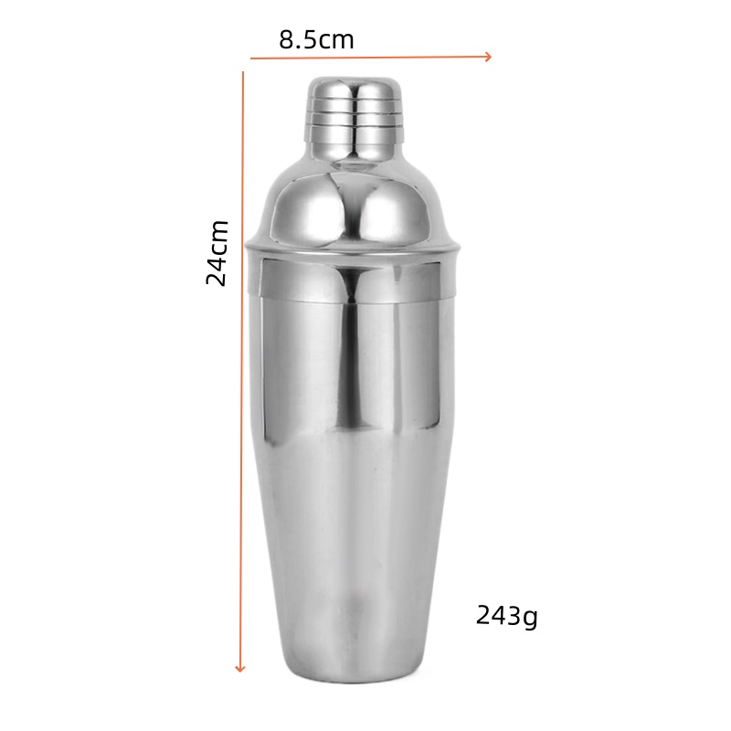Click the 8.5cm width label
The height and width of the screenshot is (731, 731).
coord(316,40)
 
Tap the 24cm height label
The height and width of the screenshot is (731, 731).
coord(217,252)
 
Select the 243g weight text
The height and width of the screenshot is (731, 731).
coord(506,616)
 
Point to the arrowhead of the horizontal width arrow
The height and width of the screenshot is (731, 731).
coord(489,57)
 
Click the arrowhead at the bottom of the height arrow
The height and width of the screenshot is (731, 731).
coord(240,668)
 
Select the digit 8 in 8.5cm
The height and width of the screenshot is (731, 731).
coord(286,40)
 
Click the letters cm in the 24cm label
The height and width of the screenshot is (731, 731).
coord(217,236)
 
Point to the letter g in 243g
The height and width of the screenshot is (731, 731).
coord(529,618)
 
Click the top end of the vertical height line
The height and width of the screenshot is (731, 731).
coord(243,73)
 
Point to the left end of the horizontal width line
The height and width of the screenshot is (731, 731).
coord(251,59)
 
